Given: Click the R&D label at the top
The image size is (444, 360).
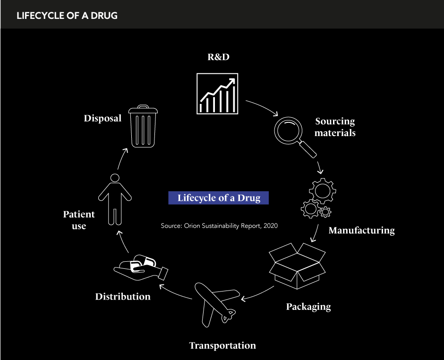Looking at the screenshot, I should tap(219, 58).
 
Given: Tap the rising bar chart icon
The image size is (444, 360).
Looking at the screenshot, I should tap(217, 93).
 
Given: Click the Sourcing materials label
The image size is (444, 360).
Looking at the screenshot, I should tap(335, 127).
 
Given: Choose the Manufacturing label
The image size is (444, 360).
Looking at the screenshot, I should tap(361, 231).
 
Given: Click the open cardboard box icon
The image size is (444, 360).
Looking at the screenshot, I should tap(297, 265).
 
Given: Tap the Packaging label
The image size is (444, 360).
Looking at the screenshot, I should tap(308, 307).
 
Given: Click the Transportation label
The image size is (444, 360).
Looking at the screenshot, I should tap(222, 345).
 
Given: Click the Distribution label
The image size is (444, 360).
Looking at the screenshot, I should tap(123, 297).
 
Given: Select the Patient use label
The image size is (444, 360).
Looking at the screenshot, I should tap(79, 220).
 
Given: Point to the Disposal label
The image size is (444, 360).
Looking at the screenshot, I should tap(102, 118).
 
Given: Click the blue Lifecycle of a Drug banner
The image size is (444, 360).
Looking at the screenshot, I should tap(219, 197).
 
